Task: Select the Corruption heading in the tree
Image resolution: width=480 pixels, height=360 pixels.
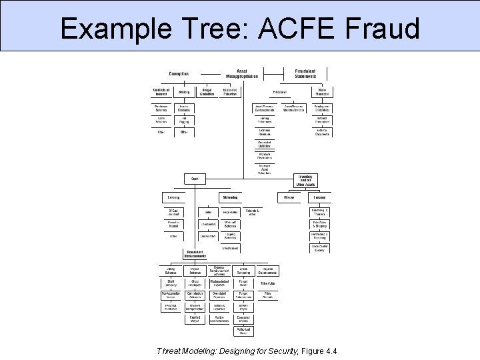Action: point(178,74)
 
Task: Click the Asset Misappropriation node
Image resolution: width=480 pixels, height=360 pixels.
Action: point(241,73)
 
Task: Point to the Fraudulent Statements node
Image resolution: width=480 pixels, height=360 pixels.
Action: point(305,73)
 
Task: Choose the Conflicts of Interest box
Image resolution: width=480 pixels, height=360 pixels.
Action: point(161,91)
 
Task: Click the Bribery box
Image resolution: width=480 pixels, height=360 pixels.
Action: point(184,92)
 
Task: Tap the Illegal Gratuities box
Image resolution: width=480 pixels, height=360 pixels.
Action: point(207,91)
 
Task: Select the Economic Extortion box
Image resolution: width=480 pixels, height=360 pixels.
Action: point(230,91)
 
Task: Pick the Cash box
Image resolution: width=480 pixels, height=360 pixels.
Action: point(195,179)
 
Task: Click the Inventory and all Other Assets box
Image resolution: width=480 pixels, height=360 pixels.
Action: point(306,181)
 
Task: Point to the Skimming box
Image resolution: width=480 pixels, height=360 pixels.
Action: point(231,197)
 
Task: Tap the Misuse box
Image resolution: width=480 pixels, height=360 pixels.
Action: point(289,197)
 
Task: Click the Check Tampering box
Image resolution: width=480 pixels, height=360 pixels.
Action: point(243,271)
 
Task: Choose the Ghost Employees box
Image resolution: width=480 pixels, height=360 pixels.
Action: point(195,283)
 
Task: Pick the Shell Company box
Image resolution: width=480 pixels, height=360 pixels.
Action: point(171,283)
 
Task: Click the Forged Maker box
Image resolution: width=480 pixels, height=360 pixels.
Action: point(243,283)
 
